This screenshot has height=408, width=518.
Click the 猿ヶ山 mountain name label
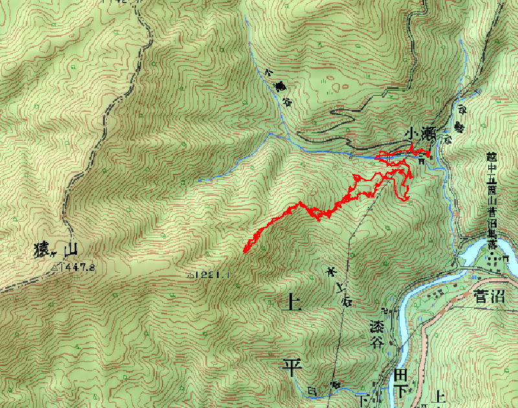pyautogui.click(x=56, y=250)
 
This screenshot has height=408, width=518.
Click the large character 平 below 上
pyautogui.click(x=293, y=368)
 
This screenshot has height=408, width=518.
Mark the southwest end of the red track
pyautogui.click(x=245, y=251)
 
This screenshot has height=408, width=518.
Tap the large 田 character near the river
pyautogui.click(x=401, y=375)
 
